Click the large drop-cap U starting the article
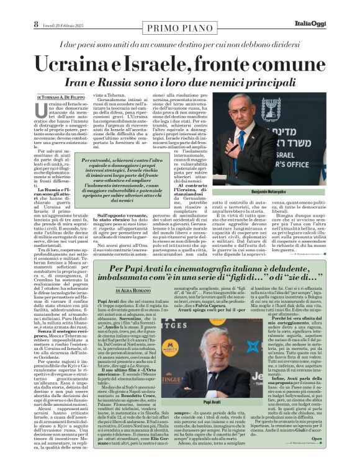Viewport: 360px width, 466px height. (42, 111)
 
